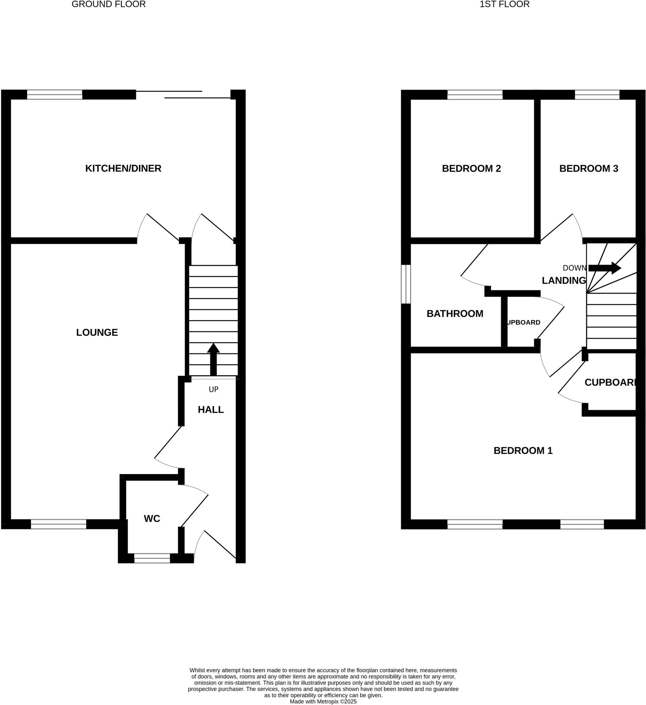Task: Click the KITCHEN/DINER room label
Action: point(123,168)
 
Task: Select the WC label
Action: point(152,518)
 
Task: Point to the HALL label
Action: point(211,410)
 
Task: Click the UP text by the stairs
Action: point(213,389)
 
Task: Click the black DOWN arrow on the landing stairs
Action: point(604,268)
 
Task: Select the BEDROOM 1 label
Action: point(523,451)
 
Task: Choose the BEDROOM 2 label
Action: point(471,169)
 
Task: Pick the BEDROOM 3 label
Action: point(589,169)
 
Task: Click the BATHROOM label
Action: point(455,314)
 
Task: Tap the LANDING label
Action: point(563,281)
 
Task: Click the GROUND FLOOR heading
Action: point(108,4)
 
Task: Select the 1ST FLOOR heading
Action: point(504,4)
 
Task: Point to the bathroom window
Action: point(406,284)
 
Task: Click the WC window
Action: point(152,558)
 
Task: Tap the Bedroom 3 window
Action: point(597,94)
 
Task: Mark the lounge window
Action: point(58,524)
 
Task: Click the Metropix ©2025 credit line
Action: point(323,702)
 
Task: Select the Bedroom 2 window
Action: point(475,94)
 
